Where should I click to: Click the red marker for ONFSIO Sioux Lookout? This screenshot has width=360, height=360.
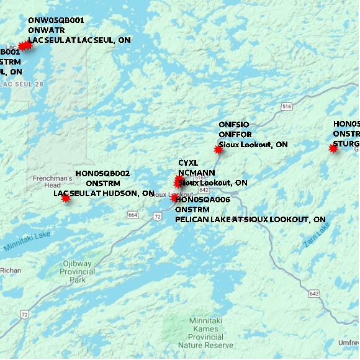[x=218, y=150]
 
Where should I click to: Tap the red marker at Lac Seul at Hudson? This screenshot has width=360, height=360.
[x=66, y=198]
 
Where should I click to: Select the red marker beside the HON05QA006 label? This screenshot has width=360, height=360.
[x=175, y=198]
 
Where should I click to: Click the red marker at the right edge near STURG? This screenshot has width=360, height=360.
[x=333, y=148]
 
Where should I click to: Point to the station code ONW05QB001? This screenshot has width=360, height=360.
[x=56, y=20]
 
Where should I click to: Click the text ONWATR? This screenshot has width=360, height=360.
[x=46, y=30]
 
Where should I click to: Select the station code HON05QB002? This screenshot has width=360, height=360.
[x=102, y=173]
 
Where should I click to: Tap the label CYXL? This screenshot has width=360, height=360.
[x=188, y=163]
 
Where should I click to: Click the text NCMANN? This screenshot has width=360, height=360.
[x=197, y=173]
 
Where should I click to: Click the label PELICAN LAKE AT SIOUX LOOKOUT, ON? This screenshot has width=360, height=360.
[x=250, y=220]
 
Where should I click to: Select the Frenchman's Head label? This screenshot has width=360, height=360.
[x=52, y=181]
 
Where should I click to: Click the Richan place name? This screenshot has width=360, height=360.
[x=11, y=270]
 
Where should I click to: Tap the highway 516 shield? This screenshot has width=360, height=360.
[x=286, y=107]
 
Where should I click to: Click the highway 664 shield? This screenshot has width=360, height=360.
[x=133, y=215]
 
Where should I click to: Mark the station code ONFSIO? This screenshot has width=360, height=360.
[x=233, y=125]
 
